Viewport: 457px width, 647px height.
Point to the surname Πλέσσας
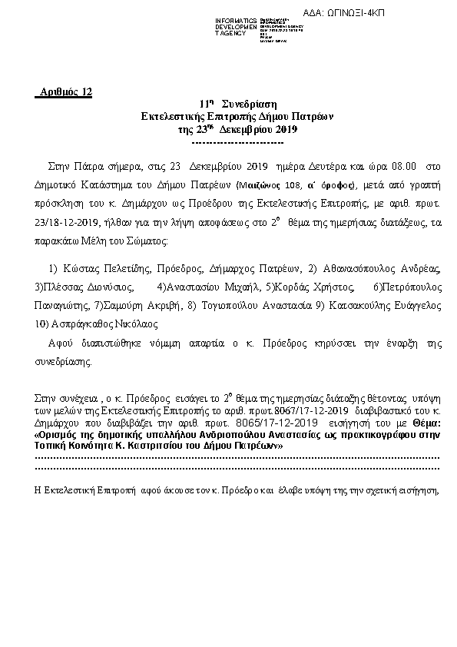coord(62,287)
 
